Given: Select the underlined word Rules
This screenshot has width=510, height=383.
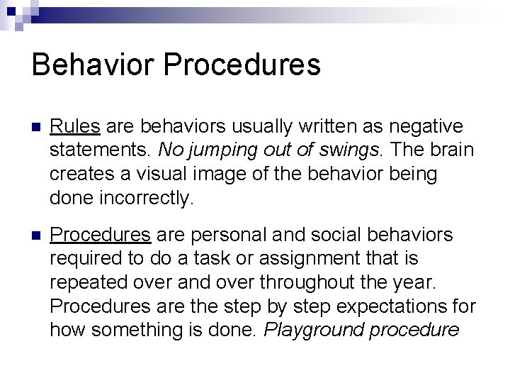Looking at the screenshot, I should (x=77, y=126).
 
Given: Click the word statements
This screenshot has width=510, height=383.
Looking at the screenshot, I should (x=101, y=150).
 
